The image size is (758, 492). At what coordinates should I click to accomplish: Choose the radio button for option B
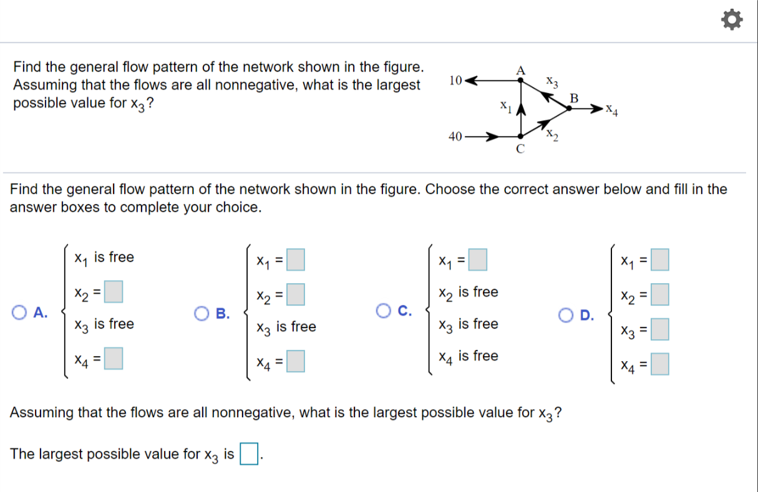pyautogui.click(x=202, y=313)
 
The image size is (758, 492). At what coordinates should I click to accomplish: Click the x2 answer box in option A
pyautogui.click(x=113, y=291)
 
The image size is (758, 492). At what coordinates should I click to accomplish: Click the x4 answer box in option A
pyautogui.click(x=113, y=359)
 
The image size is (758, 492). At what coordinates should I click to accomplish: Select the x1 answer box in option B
pyautogui.click(x=296, y=259)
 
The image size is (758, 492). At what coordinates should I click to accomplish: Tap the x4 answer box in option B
pyautogui.click(x=296, y=361)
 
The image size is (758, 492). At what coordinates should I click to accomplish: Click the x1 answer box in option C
pyautogui.click(x=478, y=259)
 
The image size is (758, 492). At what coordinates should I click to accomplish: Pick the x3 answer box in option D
pyautogui.click(x=660, y=329)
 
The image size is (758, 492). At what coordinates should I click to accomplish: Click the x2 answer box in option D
pyautogui.click(x=660, y=294)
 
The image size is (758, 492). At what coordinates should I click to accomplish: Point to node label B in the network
pyautogui.click(x=574, y=97)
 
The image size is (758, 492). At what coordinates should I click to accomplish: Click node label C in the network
pyautogui.click(x=520, y=148)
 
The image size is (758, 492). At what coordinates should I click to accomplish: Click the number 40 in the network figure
pyautogui.click(x=455, y=136)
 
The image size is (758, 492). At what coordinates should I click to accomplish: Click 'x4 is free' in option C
pyautogui.click(x=468, y=356)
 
